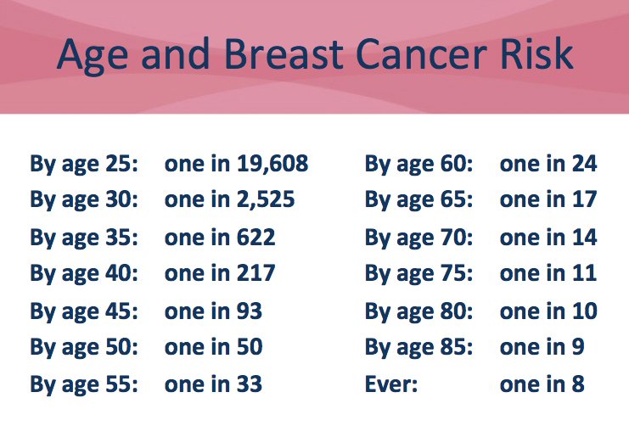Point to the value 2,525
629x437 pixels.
pyautogui.click(x=261, y=200)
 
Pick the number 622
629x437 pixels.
pyautogui.click(x=251, y=238)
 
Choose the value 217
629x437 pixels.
pyautogui.click(x=251, y=274)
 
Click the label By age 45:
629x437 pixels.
pyautogui.click(x=84, y=311)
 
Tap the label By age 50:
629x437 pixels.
pyautogui.click(x=84, y=347)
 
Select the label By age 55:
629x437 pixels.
pyautogui.click(x=84, y=384)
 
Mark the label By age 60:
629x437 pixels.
pyautogui.click(x=419, y=164)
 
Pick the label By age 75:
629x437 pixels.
pyautogui.click(x=419, y=274)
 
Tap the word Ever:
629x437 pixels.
pyautogui.click(x=391, y=384)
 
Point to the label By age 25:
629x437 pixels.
pyautogui.click(x=84, y=164)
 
